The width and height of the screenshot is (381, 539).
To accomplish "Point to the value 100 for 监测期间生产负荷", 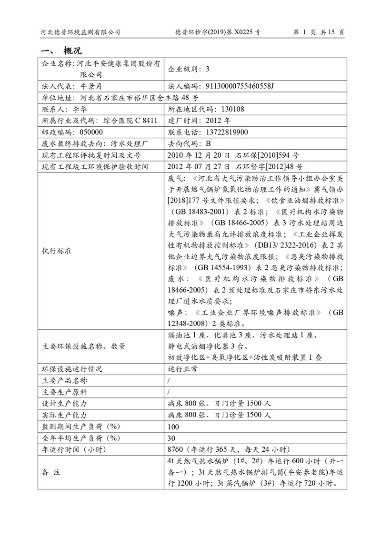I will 173,427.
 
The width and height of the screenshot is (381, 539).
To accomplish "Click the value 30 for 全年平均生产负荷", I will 172,438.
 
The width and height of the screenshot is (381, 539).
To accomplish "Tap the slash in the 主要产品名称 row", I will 169,381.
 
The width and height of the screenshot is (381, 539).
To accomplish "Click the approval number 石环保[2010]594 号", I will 267,155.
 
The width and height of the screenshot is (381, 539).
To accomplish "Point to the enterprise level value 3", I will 208,69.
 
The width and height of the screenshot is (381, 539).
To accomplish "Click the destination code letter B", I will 208,143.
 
